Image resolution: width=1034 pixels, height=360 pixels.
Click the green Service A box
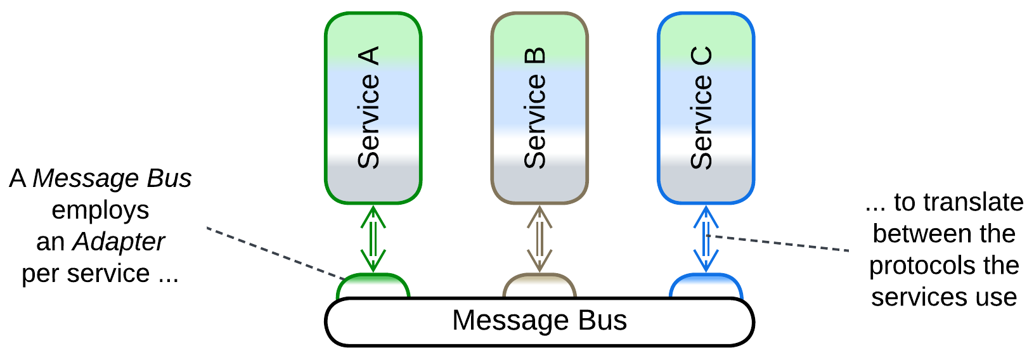[373, 108]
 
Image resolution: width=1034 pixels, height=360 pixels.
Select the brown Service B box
[540, 108]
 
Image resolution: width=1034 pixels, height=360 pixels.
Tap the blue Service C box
[706, 108]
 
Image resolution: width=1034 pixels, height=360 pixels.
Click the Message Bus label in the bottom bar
[539, 320]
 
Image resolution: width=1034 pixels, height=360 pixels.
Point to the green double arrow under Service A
[373, 238]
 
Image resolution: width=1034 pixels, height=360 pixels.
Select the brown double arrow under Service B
[540, 238]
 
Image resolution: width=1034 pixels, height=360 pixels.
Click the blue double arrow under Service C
[706, 238]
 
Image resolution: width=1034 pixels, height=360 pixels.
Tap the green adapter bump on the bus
[373, 286]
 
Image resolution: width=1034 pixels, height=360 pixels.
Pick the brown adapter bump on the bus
[540, 286]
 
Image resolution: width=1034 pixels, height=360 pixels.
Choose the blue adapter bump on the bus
[706, 286]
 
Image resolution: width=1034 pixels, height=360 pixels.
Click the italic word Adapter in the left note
[119, 241]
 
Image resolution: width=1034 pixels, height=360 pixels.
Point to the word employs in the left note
[100, 210]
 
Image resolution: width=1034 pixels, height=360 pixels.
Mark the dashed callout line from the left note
[273, 252]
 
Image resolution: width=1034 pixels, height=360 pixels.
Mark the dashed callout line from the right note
[780, 243]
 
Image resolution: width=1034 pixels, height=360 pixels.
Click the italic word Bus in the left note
[169, 178]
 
